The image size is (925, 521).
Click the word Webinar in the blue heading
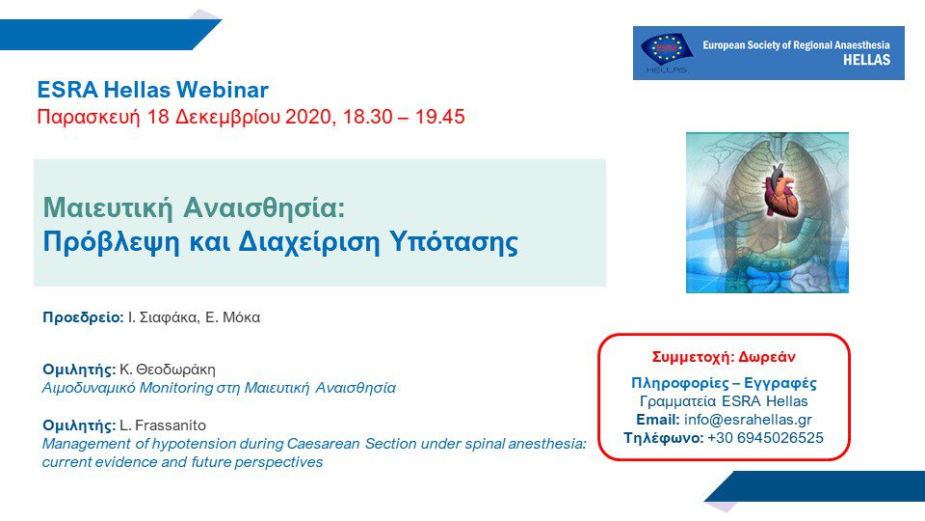pyautogui.click(x=223, y=90)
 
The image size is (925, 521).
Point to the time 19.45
pyautogui.click(x=439, y=117)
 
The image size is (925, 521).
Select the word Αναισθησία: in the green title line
pyautogui.click(x=264, y=208)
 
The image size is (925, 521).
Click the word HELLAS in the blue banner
pyautogui.click(x=866, y=60)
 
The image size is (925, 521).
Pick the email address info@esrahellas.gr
pyautogui.click(x=748, y=420)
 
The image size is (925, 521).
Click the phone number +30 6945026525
pyautogui.click(x=765, y=438)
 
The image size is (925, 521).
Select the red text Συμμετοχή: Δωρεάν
pyautogui.click(x=724, y=357)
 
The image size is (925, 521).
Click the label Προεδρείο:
pyautogui.click(x=83, y=317)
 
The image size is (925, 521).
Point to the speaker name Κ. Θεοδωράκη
pyautogui.click(x=168, y=370)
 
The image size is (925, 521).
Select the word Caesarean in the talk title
pyautogui.click(x=324, y=444)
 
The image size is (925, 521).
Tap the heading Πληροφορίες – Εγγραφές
pyautogui.click(x=724, y=383)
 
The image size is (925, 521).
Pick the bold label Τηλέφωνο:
pyautogui.click(x=664, y=438)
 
